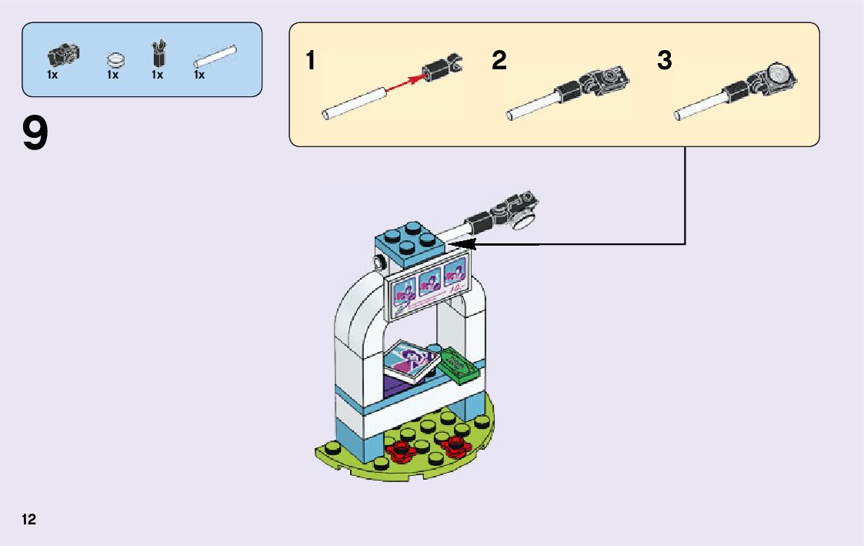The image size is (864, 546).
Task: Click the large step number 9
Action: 35,133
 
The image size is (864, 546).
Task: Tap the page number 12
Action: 29,520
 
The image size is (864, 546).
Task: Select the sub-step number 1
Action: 310,60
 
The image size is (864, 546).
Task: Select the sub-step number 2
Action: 499,60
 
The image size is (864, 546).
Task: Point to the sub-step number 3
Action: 664,60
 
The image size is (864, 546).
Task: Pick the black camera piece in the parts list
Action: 64,54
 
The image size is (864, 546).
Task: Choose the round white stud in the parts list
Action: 115,58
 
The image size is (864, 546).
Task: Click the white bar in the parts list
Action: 214,58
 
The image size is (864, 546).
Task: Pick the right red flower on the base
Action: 455,444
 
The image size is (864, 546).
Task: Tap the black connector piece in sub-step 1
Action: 443,69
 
